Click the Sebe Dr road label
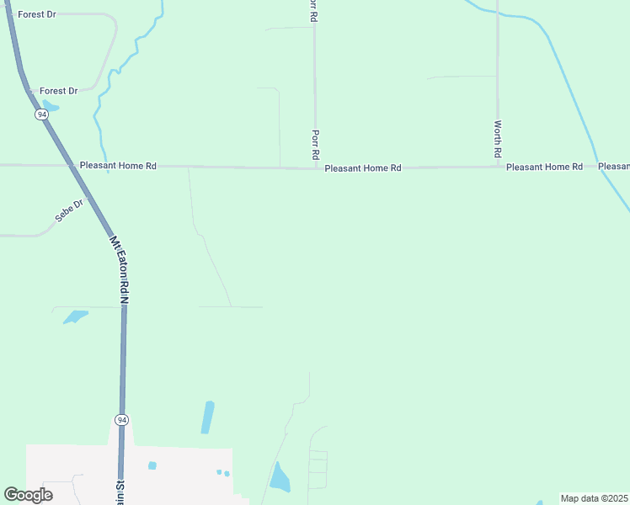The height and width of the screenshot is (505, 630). (70, 210)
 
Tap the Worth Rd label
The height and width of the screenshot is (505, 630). (498, 140)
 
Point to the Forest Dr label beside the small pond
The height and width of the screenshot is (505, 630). (58, 91)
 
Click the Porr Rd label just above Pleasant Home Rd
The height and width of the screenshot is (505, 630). (315, 145)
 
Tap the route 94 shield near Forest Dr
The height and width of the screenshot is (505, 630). (40, 114)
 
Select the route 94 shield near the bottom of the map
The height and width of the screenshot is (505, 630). (121, 419)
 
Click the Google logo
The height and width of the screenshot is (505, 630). (28, 495)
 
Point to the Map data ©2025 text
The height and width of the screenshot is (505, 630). (595, 498)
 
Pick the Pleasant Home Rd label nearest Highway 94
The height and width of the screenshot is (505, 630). (118, 166)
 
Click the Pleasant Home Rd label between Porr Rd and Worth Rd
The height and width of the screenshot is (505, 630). (363, 168)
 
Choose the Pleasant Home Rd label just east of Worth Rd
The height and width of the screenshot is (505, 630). (544, 167)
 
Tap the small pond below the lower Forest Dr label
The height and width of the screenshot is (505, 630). (50, 107)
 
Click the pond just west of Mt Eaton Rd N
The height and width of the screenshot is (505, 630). (74, 316)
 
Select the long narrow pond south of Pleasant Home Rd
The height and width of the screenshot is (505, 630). (207, 417)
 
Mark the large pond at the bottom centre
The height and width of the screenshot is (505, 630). (279, 478)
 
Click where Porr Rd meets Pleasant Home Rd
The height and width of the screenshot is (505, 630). (315, 168)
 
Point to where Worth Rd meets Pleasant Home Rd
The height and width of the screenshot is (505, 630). (498, 167)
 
